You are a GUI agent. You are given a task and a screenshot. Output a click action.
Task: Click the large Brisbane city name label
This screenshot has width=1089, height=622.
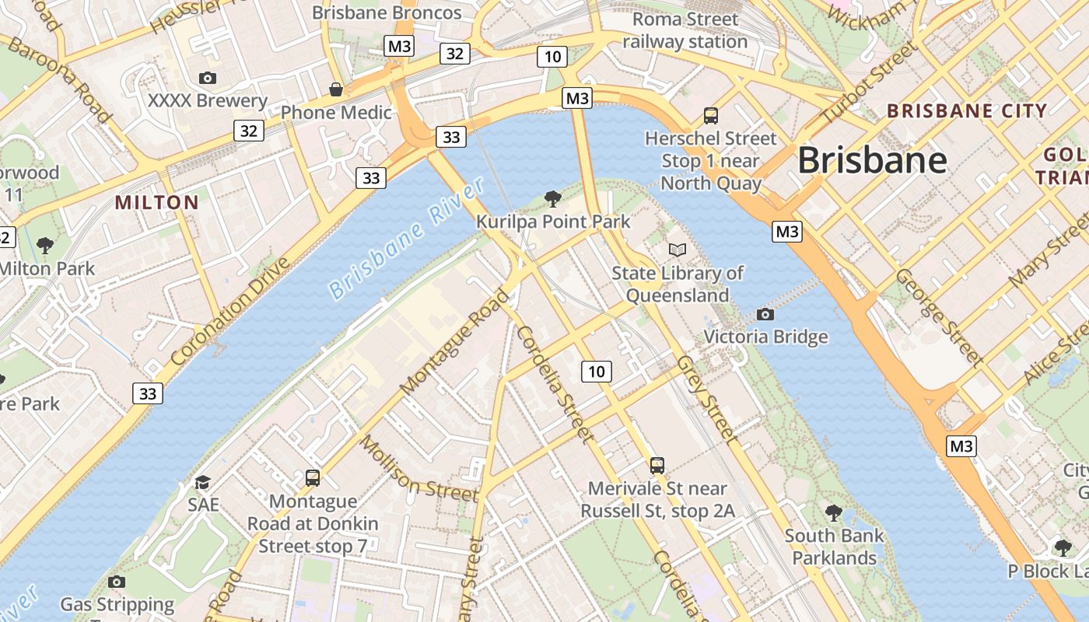872,161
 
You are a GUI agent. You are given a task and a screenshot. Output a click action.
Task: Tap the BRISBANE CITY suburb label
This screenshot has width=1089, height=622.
968,111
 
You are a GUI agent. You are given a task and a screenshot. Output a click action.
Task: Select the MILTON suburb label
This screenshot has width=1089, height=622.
157,203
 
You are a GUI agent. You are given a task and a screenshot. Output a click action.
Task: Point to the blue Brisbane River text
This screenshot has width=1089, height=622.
407,238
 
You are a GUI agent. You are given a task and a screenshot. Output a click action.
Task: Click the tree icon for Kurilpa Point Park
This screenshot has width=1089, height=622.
553,199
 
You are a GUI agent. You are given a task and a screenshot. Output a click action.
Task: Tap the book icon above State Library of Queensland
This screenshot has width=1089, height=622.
678,250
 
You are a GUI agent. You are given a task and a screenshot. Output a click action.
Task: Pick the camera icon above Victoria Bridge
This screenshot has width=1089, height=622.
765,314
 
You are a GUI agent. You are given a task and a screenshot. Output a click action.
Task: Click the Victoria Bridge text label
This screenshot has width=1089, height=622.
765,337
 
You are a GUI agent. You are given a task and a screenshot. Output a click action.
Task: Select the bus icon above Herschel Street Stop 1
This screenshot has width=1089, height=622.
710,116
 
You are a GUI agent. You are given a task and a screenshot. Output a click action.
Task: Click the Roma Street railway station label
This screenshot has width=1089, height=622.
685,30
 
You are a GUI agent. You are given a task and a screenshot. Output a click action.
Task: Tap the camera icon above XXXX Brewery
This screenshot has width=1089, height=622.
208,78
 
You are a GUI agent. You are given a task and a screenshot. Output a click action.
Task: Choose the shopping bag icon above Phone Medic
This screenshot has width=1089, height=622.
336,89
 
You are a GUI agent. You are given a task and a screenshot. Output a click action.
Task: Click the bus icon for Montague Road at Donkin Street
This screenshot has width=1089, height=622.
313,478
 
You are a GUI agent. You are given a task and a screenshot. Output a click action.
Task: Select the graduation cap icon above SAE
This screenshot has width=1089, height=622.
203,482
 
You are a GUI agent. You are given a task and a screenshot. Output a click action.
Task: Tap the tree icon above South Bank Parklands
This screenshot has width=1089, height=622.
834,513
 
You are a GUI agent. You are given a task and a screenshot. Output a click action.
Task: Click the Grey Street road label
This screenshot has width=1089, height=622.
706,400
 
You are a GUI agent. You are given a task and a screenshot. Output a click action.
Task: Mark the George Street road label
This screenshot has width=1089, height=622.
940,317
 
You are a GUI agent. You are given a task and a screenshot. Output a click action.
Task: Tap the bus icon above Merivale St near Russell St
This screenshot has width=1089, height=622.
657,466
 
